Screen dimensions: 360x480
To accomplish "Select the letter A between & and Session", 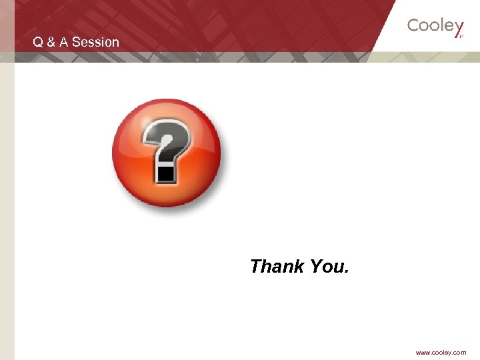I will pos(64,42).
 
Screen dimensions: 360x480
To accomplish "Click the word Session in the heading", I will pos(95,42).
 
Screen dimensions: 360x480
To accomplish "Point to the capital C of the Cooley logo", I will pos(413,26).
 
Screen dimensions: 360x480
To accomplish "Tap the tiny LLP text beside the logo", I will pos(461,37).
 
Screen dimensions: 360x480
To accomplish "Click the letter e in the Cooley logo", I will pos(449,27).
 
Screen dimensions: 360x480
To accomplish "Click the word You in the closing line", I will pos(325,267).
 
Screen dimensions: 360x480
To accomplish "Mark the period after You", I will pos(345,273).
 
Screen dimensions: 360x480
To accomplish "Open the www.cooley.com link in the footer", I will pos(441,353).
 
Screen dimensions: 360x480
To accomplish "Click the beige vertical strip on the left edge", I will pos(7,200).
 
